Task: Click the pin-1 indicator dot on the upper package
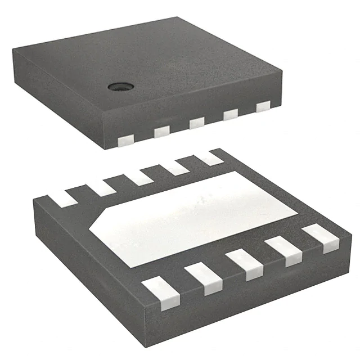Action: point(119,85)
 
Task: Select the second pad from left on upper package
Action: point(161,131)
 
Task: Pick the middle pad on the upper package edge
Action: point(196,123)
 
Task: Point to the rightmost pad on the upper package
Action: point(264,106)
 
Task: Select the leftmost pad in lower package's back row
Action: point(63,196)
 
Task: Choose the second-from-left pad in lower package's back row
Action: point(102,186)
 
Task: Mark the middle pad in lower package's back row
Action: point(139,177)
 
